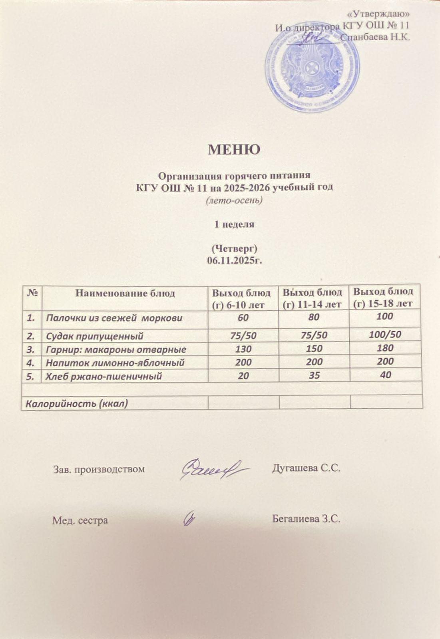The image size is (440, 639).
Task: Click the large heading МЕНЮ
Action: click(234, 149)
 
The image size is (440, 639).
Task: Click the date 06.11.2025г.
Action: click(234, 260)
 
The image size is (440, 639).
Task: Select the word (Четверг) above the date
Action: click(234, 248)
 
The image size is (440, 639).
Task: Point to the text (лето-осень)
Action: click(234, 200)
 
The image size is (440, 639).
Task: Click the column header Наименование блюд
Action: click(125, 294)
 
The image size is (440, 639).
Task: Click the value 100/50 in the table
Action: click(385, 334)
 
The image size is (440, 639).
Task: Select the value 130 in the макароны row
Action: click(243, 349)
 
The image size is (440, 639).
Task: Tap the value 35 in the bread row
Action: click(315, 375)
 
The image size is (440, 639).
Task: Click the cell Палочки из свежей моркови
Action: click(114, 318)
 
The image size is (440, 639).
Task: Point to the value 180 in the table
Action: click(385, 348)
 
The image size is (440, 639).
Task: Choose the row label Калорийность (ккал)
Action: click(77, 403)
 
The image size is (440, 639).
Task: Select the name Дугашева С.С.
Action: click(306, 468)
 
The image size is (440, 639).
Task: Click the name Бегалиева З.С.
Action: click(306, 519)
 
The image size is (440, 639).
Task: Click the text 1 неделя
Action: click(234, 224)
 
